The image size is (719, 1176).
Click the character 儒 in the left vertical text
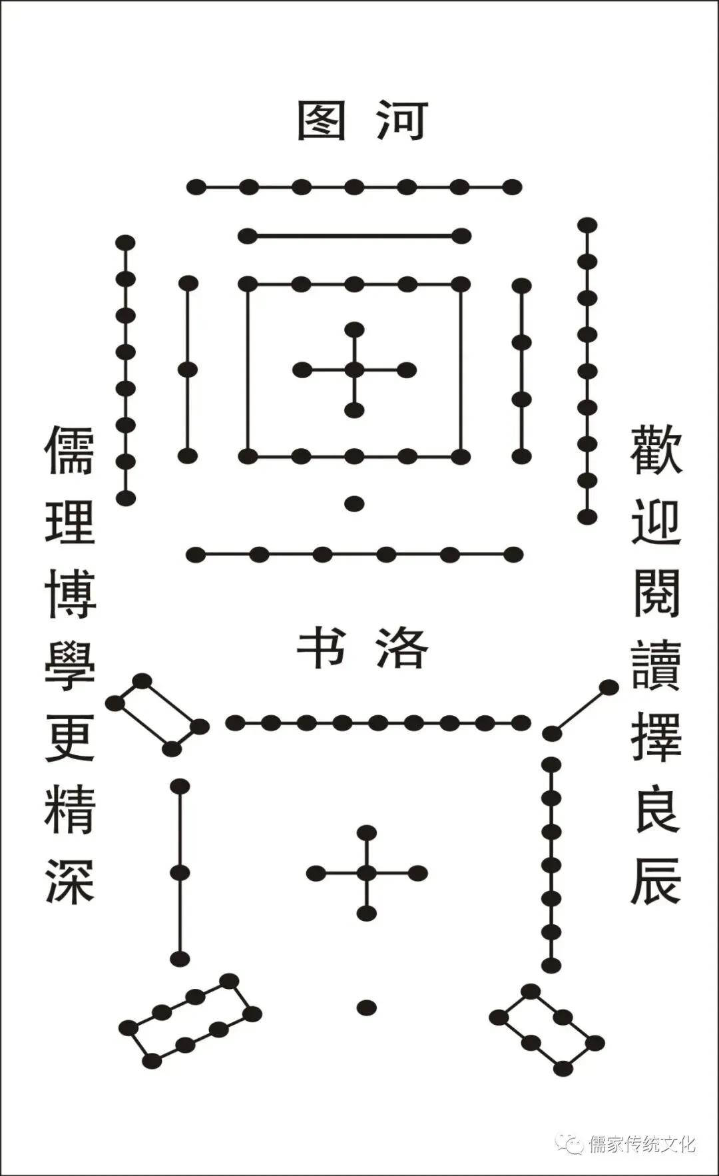[x=70, y=450]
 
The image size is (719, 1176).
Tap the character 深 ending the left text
[x=70, y=880]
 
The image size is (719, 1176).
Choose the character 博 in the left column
[x=70, y=594]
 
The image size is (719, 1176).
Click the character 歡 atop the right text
[x=656, y=450]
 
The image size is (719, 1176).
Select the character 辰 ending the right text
[x=656, y=880]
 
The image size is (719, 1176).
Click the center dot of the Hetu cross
[x=354, y=370]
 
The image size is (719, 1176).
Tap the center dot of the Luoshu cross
[x=366, y=873]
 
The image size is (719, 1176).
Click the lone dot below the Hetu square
[x=354, y=503]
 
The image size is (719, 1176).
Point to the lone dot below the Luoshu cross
[x=366, y=1007]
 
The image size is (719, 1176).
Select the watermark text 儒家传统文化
[x=642, y=1144]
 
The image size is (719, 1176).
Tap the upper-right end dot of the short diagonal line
[x=608, y=687]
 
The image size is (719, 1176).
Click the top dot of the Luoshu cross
[x=366, y=832]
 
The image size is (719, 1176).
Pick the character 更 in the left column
[x=70, y=737]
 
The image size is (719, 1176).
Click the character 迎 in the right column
[x=656, y=522]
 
